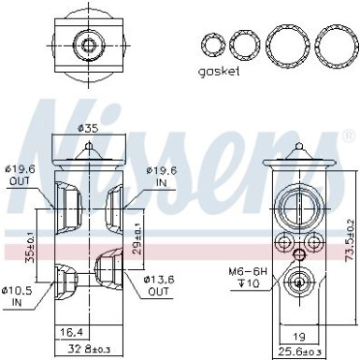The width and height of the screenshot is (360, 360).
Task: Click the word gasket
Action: click(x=220, y=71)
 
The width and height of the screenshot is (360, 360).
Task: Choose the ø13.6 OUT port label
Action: click(x=159, y=259)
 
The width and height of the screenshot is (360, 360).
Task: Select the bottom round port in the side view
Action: click(x=300, y=254)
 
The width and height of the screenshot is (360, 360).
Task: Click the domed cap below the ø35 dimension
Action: click(x=87, y=148)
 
